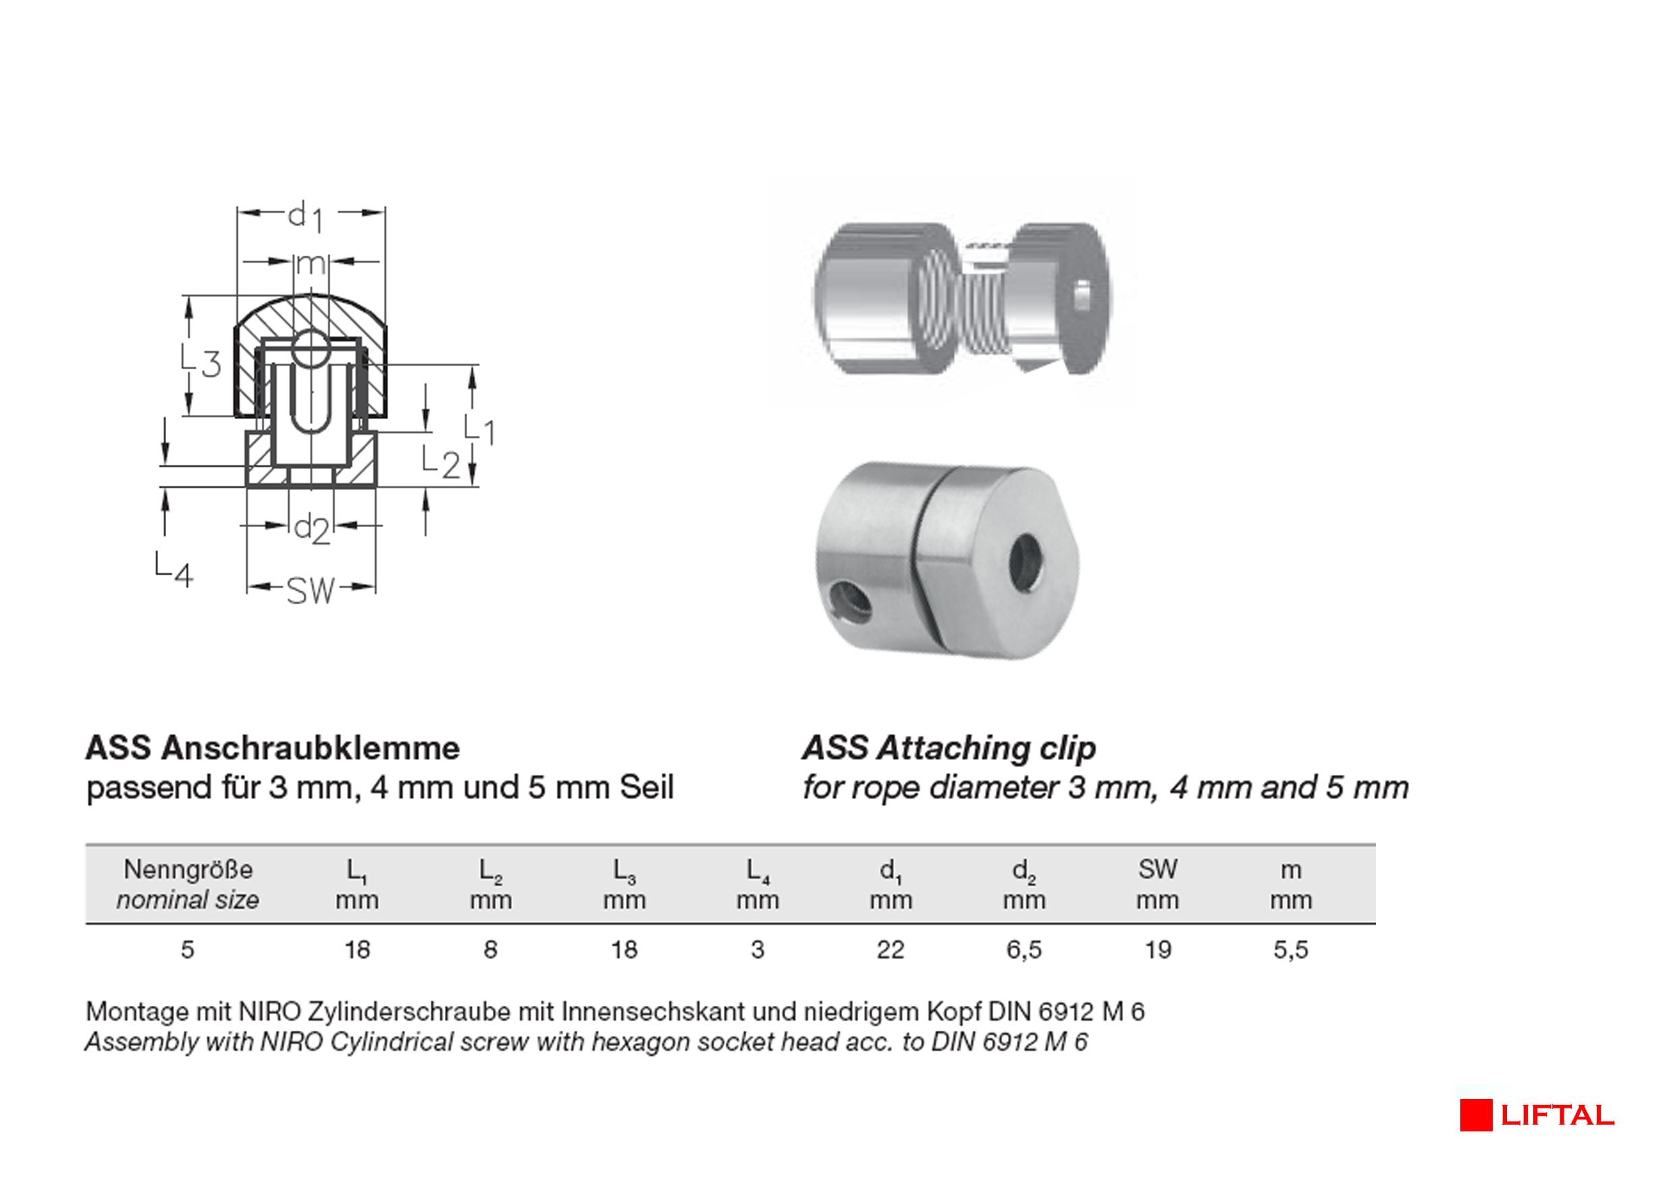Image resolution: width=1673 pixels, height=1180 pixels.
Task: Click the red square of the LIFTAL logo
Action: tap(1476, 1115)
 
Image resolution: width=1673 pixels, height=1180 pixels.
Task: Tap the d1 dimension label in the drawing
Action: tap(304, 216)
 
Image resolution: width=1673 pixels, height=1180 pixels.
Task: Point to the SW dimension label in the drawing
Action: tap(311, 590)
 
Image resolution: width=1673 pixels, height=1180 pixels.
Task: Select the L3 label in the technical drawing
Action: tap(201, 361)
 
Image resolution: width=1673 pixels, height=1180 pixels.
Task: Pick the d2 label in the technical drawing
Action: tap(312, 527)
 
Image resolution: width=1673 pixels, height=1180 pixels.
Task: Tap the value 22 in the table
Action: tap(891, 950)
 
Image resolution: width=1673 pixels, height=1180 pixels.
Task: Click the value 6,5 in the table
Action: tap(1024, 950)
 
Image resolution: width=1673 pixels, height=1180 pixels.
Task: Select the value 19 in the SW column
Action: tap(1158, 950)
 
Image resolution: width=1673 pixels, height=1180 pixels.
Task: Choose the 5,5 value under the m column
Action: tap(1291, 950)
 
